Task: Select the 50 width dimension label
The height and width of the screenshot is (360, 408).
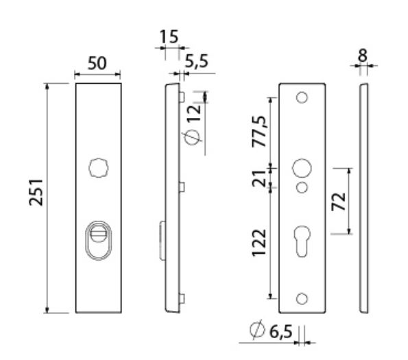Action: pyautogui.click(x=96, y=63)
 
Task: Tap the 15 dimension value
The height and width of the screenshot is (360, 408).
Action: pyautogui.click(x=168, y=36)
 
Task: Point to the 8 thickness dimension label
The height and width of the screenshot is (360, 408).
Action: pyautogui.click(x=363, y=53)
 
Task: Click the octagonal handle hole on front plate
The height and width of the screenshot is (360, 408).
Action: pyautogui.click(x=97, y=167)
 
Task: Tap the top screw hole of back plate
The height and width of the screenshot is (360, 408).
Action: pyautogui.click(x=302, y=99)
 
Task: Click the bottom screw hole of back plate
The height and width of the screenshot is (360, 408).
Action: pyautogui.click(x=302, y=298)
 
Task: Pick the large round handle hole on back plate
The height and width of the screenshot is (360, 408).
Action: pyautogui.click(x=302, y=168)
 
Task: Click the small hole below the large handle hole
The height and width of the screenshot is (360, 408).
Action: pyautogui.click(x=302, y=188)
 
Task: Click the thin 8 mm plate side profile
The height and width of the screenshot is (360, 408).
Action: pyautogui.click(x=363, y=199)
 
